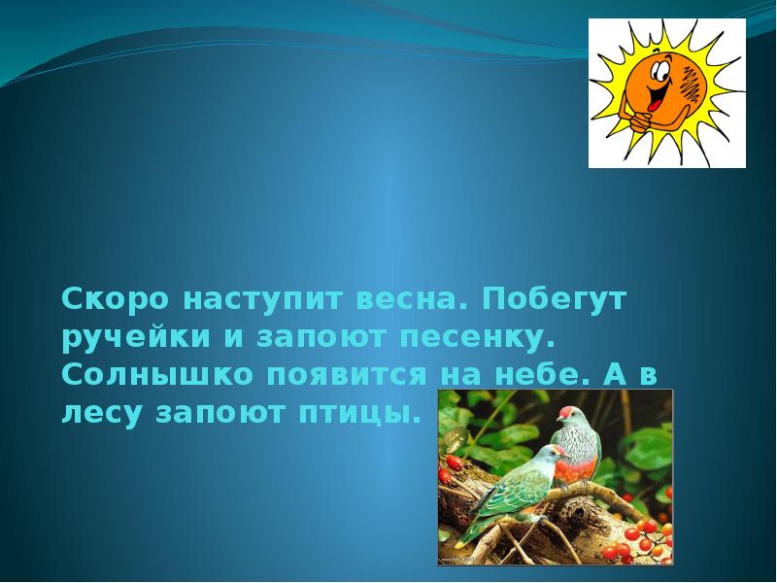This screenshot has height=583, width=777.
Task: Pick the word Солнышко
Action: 145,376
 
